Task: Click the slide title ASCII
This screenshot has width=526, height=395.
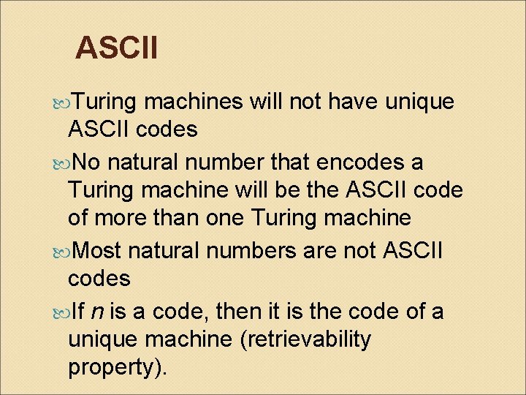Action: click(x=116, y=48)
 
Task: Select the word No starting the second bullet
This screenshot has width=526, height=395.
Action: click(x=89, y=160)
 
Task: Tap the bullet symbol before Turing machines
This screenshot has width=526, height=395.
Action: click(x=60, y=102)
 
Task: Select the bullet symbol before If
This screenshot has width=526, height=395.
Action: click(x=60, y=311)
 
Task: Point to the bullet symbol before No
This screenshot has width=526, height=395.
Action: click(x=60, y=160)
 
